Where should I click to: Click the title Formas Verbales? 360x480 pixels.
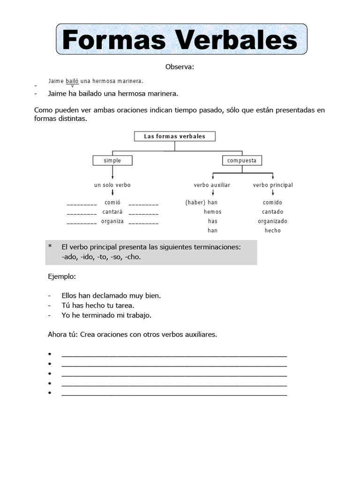(180, 40)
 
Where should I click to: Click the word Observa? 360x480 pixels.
(179, 67)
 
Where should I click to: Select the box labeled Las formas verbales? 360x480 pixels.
(175, 136)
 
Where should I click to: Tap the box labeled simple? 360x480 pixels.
(112, 161)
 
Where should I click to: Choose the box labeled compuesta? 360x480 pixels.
(242, 161)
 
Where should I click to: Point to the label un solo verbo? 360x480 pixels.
(112, 185)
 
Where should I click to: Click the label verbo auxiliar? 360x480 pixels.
(212, 185)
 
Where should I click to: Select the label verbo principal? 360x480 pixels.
(273, 185)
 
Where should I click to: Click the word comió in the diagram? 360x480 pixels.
(112, 202)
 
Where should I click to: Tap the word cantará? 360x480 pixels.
(112, 212)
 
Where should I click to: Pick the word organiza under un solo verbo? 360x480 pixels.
(112, 221)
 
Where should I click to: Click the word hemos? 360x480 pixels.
(212, 212)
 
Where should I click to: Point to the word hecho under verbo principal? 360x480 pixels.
(273, 231)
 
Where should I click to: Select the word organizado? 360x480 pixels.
(273, 221)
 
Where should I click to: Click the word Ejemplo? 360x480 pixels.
(61, 277)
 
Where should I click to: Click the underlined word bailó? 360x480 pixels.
(72, 81)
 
